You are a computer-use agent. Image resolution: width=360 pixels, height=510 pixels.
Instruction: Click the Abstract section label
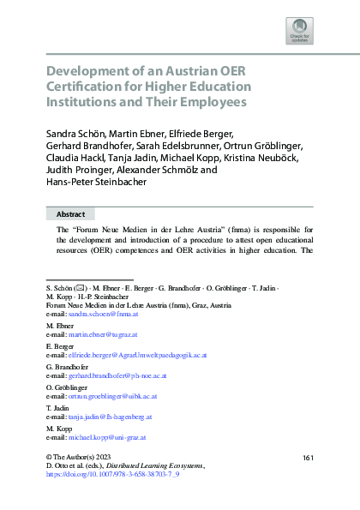pos(70,214)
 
